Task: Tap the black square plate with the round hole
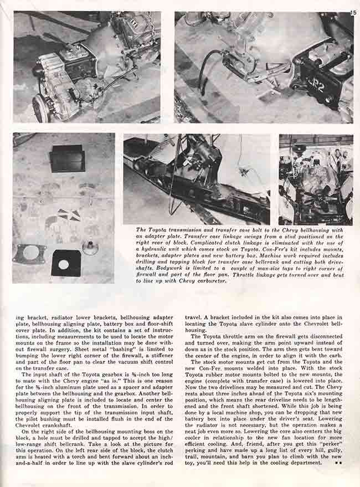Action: click(66, 263)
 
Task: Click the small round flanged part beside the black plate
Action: click(90, 247)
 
